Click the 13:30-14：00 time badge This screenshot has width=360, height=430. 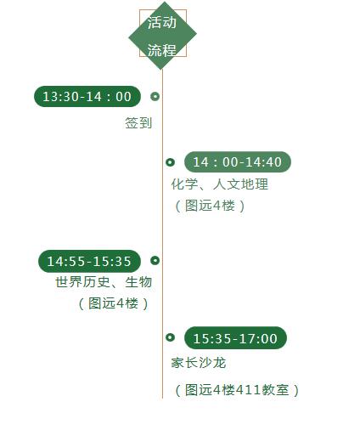tap(87, 96)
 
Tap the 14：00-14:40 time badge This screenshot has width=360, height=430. tap(238, 161)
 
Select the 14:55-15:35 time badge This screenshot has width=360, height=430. tap(89, 261)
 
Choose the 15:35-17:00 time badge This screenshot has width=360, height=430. tap(235, 338)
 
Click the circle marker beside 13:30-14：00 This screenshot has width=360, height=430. tap(155, 96)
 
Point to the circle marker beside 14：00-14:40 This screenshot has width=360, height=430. tap(170, 162)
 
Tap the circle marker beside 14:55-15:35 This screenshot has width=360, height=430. tap(155, 260)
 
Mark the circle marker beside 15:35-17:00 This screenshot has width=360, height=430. tap(170, 337)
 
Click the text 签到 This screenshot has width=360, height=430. tap(138, 123)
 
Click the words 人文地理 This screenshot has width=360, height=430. tap(240, 184)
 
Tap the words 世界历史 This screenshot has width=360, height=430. tap(82, 282)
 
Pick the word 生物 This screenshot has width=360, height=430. tap(138, 282)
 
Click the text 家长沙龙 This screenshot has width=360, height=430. tap(199, 363)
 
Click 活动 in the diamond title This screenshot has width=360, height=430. tap(162, 22)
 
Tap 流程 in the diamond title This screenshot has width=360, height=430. tap(162, 50)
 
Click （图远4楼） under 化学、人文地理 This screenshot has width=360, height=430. tap(210, 206)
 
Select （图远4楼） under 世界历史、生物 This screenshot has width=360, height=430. tap(113, 303)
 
